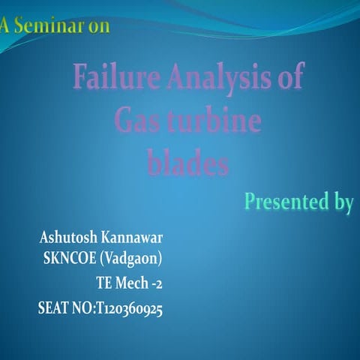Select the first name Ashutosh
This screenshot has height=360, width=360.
pos(68,238)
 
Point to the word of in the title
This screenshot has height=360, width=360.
pos(291,77)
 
